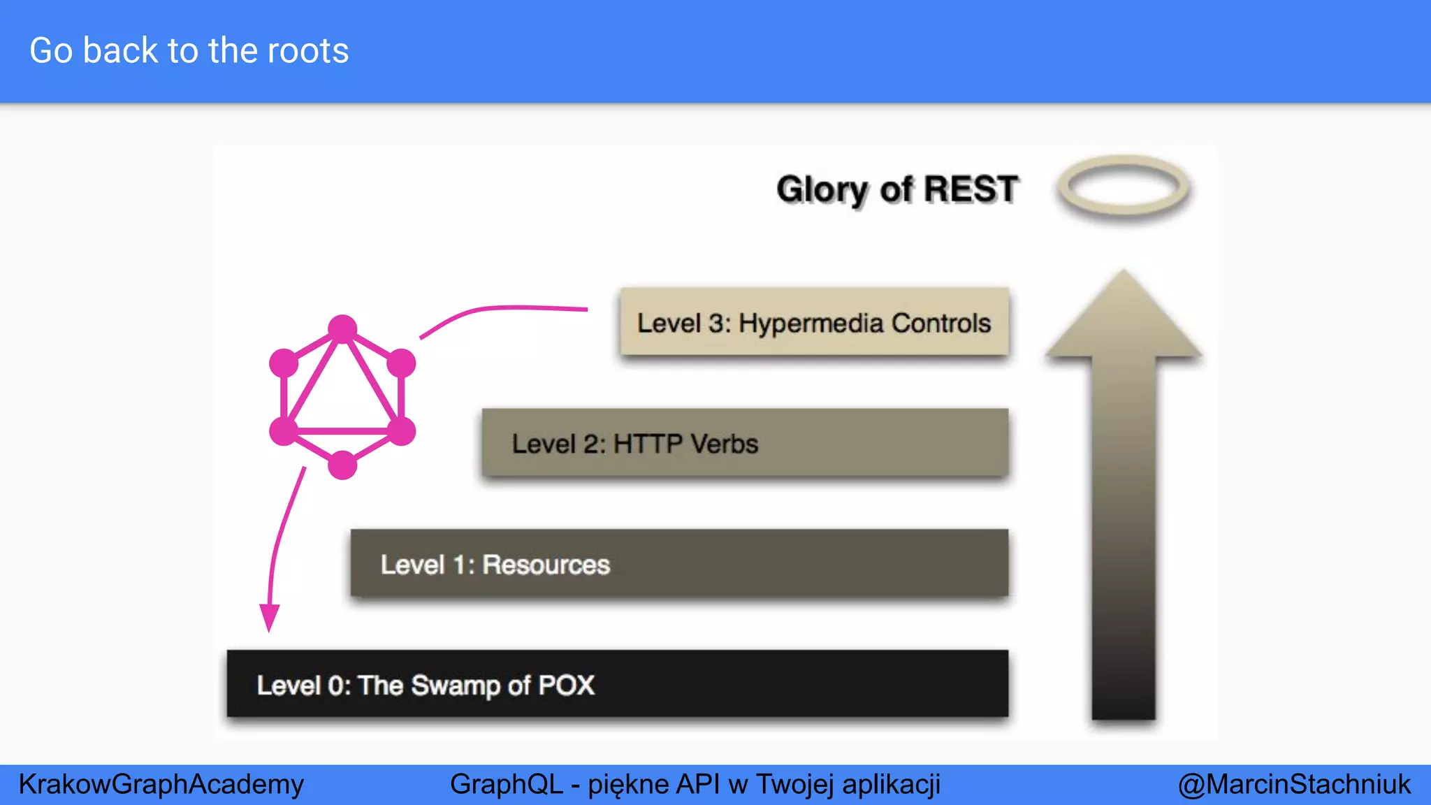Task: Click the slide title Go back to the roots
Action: (189, 51)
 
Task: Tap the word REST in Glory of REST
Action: (971, 189)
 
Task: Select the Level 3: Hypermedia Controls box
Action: (814, 323)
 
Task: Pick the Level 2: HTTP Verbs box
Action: (745, 443)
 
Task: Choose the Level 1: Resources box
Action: (679, 563)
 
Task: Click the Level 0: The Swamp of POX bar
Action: (618, 684)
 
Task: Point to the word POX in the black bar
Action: (566, 685)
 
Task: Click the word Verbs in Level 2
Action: (724, 444)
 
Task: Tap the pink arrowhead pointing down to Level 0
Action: (269, 618)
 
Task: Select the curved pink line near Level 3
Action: (503, 308)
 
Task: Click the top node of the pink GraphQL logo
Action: (342, 329)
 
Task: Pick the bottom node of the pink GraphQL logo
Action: (342, 465)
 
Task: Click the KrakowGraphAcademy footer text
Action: (161, 784)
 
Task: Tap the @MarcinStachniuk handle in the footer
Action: (1294, 784)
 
